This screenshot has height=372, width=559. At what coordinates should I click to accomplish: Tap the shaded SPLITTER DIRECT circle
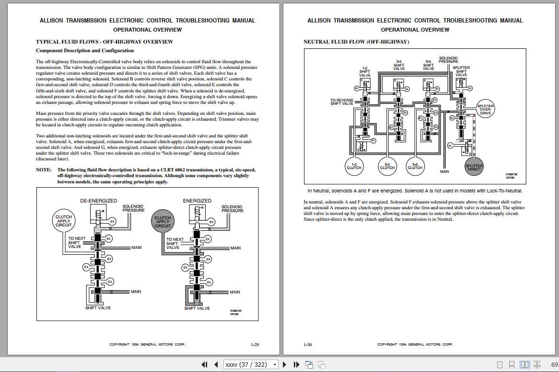pos(474,167)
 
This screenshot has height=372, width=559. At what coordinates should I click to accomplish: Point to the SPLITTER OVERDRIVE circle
pos(486,109)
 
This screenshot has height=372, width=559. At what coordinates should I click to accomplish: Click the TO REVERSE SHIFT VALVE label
pos(342,102)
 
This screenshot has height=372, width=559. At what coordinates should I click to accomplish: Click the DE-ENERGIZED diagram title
pos(98,201)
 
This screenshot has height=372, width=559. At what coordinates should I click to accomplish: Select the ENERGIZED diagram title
pos(197,201)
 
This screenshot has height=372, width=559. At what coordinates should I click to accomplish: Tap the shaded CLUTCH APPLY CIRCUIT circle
pos(163,221)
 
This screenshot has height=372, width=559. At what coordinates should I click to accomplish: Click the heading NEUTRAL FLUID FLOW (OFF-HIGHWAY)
pos(356,42)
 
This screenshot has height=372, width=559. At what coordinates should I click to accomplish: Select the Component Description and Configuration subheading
pos(85,50)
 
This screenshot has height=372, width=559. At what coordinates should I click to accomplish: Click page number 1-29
pos(255,344)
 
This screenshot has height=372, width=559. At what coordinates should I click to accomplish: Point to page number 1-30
pos(308,344)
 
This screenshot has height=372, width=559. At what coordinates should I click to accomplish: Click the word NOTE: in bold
pos(44,169)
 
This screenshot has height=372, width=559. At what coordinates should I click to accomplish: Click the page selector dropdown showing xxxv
pos(251,364)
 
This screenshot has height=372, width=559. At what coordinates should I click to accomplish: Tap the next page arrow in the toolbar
pos(285,364)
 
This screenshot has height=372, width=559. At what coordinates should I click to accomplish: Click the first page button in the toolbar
pos(205,364)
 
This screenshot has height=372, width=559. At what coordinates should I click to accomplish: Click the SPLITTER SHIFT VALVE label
pos(461,71)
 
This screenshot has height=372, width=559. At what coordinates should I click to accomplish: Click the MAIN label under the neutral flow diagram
pos(444,171)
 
